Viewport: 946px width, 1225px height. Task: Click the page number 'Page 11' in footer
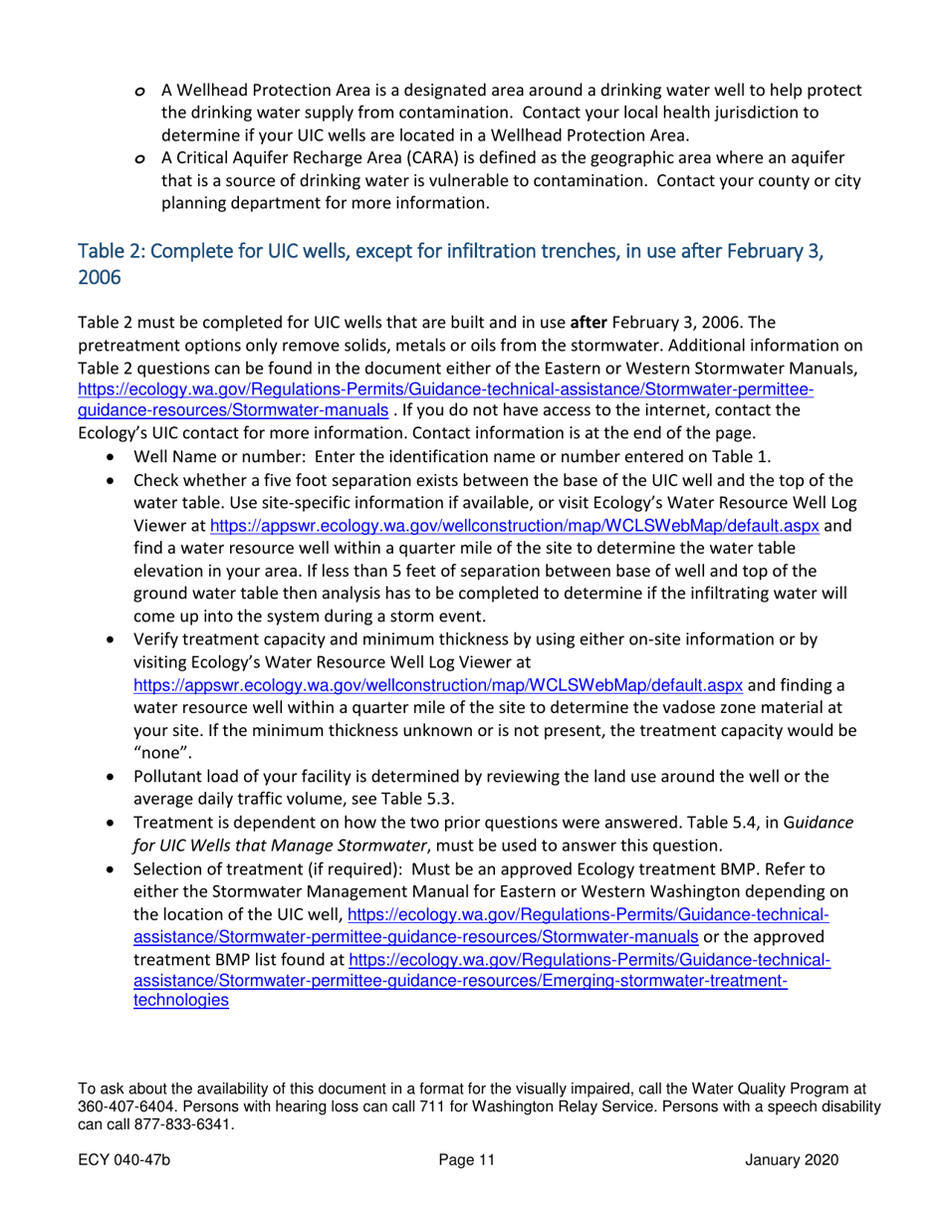pyautogui.click(x=465, y=1160)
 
